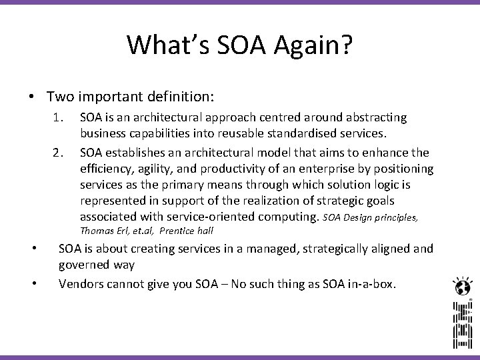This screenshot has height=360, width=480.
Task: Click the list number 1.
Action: (58, 117)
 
